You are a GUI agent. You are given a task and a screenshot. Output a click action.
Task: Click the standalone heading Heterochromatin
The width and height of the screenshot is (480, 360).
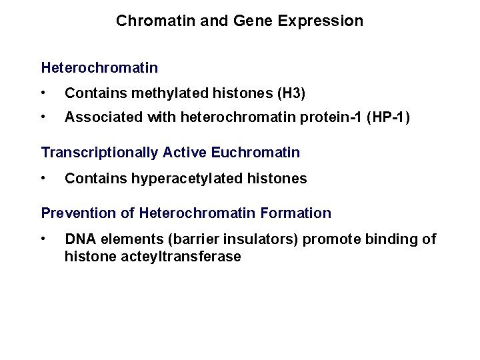click(99, 67)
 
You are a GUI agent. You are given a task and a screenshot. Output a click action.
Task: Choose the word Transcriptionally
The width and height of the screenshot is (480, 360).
click(101, 153)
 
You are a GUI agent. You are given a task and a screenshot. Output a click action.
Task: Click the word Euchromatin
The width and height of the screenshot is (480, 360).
click(255, 153)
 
